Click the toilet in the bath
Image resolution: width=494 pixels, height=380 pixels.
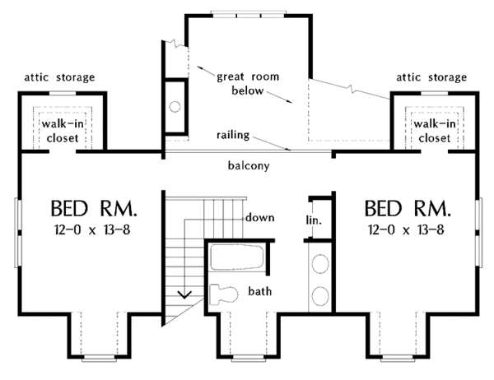click(224, 294)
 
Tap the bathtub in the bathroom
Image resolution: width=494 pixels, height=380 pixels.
click(236, 257)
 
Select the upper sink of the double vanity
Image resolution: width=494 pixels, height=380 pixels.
click(320, 264)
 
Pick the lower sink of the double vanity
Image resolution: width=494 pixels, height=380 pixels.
click(320, 296)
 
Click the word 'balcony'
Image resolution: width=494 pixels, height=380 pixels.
click(249, 165)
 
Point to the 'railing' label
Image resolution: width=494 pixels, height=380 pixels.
click(233, 135)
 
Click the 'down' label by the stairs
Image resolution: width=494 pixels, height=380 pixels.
click(260, 217)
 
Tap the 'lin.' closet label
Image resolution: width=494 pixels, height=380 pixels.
click(314, 220)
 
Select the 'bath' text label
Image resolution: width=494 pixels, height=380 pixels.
click(260, 291)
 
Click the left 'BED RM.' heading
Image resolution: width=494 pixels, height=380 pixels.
click(94, 208)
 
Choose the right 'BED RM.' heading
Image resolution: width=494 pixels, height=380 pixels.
click(408, 208)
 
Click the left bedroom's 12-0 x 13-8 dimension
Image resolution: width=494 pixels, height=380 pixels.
click(92, 230)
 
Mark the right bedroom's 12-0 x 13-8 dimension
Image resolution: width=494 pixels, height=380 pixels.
click(406, 230)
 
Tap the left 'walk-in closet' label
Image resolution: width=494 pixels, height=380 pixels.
click(63, 131)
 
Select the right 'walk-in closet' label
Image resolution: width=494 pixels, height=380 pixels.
click(435, 131)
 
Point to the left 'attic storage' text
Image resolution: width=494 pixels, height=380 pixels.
click(59, 77)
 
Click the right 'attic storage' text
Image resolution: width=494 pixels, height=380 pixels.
click(431, 77)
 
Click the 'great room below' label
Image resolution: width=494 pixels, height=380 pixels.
click(248, 83)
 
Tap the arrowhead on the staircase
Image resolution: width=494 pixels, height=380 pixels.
click(184, 295)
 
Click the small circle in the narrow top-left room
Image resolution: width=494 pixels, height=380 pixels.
click(175, 106)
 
